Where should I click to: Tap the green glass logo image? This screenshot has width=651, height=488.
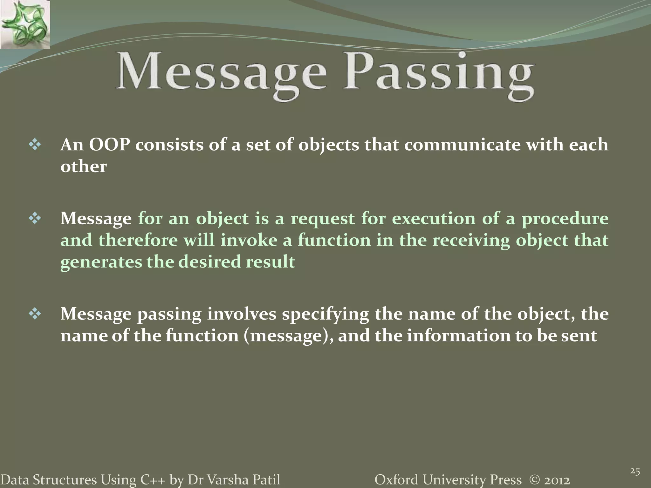pyautogui.click(x=25, y=24)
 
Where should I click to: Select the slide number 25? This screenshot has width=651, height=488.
pyautogui.click(x=635, y=471)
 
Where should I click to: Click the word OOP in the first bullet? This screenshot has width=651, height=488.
pyautogui.click(x=109, y=145)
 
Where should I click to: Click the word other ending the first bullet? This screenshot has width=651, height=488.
pyautogui.click(x=83, y=167)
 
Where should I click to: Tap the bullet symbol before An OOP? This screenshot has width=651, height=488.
pyautogui.click(x=35, y=145)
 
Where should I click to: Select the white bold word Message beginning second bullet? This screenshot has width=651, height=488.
pyautogui.click(x=96, y=219)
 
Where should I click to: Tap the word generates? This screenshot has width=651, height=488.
pyautogui.click(x=101, y=262)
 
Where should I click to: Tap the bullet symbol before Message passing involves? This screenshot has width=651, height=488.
pyautogui.click(x=35, y=314)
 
